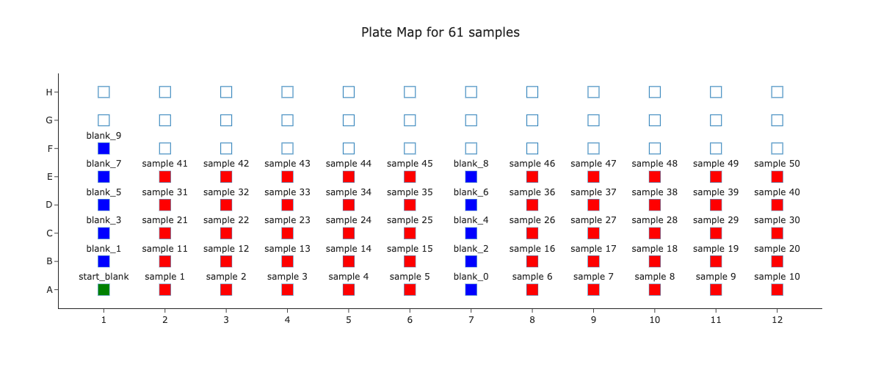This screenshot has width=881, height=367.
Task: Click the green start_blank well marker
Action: click(x=104, y=289)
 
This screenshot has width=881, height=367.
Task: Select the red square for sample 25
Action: click(x=410, y=233)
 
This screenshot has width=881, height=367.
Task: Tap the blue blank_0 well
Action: click(x=471, y=289)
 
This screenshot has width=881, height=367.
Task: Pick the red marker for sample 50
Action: click(x=777, y=177)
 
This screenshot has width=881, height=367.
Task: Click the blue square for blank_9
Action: click(x=104, y=148)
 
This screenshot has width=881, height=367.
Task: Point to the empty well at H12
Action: click(x=777, y=92)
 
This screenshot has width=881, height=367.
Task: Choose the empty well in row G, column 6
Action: click(x=410, y=120)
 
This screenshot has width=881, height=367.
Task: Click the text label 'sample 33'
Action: click(x=287, y=192)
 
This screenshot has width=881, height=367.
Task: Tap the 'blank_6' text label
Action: click(x=471, y=192)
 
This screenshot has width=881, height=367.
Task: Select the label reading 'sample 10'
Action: click(x=777, y=277)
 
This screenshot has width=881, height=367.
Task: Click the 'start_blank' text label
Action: click(x=104, y=277)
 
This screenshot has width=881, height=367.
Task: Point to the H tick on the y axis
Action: click(x=50, y=92)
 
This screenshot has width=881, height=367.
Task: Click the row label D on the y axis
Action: click(x=50, y=205)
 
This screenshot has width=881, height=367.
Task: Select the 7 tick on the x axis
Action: click(x=471, y=320)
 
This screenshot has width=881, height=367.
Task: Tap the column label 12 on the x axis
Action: click(x=777, y=320)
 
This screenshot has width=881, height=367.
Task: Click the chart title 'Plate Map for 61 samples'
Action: click(x=440, y=32)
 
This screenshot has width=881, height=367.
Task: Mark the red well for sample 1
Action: click(x=165, y=289)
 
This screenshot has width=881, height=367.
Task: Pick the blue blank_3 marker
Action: click(x=104, y=233)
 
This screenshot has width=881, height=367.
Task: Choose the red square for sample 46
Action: click(x=532, y=177)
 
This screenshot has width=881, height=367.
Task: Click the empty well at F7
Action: click(x=471, y=148)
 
